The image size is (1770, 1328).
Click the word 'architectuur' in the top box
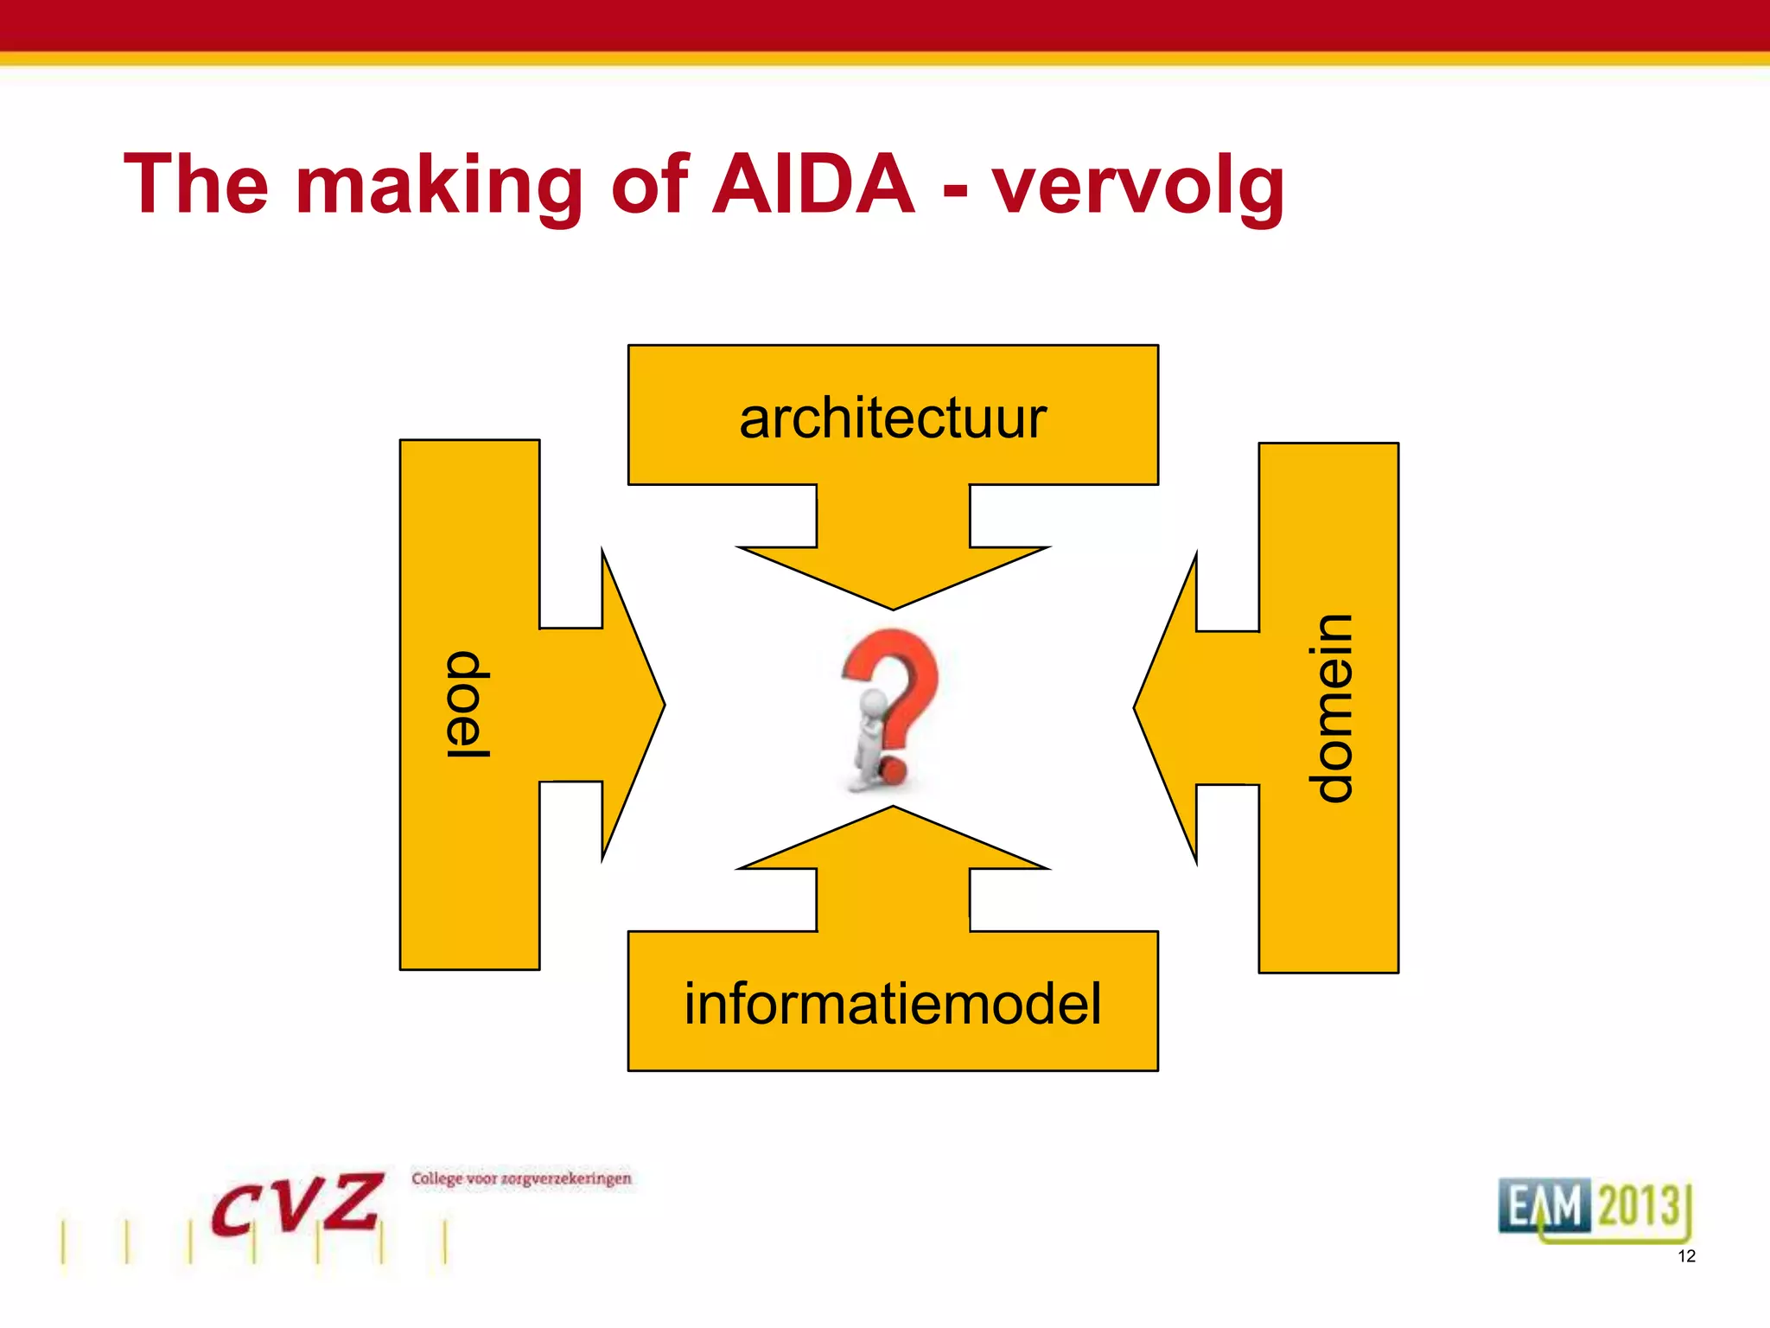893,418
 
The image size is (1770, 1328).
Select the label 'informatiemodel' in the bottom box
893,1004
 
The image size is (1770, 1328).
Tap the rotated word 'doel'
468,705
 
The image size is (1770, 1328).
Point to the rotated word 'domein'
1329,708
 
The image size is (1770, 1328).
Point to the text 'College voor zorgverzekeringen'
521,1178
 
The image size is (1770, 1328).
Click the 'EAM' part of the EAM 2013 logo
1544,1205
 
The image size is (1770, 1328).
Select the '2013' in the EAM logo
1639,1205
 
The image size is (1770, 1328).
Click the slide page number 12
1686,1256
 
